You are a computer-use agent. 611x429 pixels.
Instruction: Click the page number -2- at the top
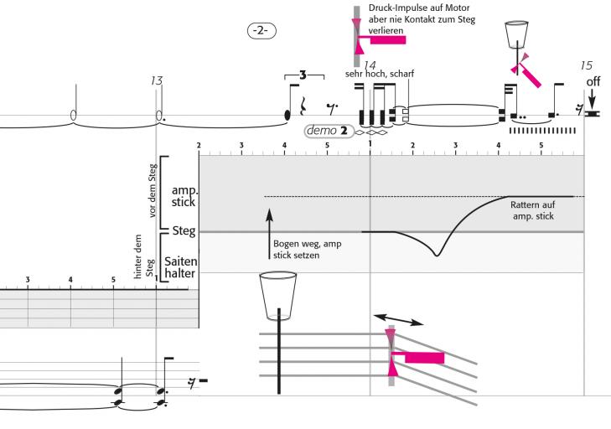click(261, 30)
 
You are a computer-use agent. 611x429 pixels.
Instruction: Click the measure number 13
click(156, 80)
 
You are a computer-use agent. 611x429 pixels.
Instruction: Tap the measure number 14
click(370, 65)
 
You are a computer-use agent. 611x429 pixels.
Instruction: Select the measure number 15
click(586, 65)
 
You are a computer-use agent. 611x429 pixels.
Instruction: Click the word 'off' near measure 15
click(593, 81)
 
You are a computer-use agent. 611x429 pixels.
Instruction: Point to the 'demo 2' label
click(328, 131)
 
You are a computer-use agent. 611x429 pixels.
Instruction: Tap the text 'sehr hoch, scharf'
click(380, 74)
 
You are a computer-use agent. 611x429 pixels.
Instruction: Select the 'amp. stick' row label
click(183, 197)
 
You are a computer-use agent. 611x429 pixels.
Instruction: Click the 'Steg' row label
click(184, 230)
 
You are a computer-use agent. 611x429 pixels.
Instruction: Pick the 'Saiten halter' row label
click(180, 267)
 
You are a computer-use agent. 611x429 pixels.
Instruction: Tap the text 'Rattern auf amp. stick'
click(533, 210)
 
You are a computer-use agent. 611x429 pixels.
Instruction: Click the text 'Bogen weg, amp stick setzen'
click(296, 249)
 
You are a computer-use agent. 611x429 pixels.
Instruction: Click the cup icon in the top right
click(516, 35)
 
